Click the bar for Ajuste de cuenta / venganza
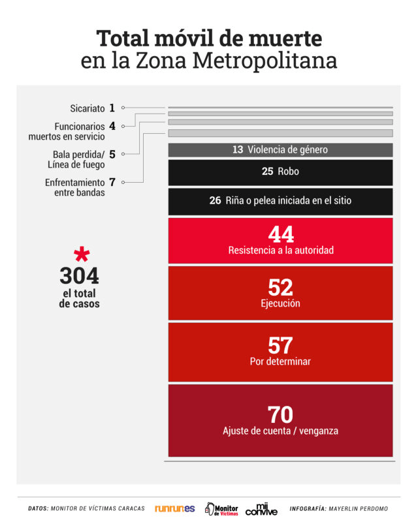click(x=280, y=420)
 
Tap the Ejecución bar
click(x=280, y=293)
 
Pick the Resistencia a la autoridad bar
click(x=280, y=239)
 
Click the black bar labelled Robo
click(x=280, y=172)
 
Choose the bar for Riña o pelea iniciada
click(x=280, y=201)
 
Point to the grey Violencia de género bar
click(x=280, y=150)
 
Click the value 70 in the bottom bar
click(x=280, y=414)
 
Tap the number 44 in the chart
click(x=281, y=234)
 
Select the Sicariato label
click(x=87, y=108)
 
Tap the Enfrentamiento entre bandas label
click(x=74, y=188)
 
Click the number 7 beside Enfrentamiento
click(x=112, y=183)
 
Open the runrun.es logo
click(x=174, y=508)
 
